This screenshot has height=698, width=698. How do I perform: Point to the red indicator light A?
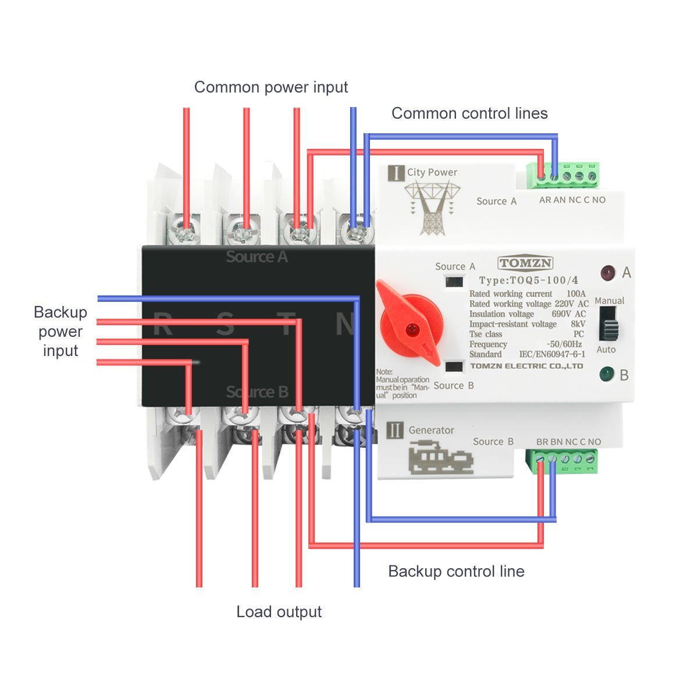point(608,272)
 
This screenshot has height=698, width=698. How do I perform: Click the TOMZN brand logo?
point(525,263)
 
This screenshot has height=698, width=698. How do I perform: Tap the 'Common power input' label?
point(270,87)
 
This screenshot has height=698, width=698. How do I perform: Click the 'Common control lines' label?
point(469,113)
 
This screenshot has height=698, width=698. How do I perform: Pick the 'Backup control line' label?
point(456,571)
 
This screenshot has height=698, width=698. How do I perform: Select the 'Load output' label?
point(279,612)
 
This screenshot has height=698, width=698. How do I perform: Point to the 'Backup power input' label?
point(60,332)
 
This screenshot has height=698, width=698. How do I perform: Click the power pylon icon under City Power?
point(431,206)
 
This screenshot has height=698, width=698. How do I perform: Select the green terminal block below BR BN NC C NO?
point(562,461)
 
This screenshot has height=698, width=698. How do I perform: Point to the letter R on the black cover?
point(162,324)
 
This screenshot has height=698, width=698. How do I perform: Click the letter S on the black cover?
point(225,324)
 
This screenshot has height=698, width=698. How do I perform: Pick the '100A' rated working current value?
point(575,294)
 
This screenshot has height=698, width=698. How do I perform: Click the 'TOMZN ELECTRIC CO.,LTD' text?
point(526,366)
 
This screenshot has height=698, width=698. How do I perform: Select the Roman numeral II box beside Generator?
point(395,430)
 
